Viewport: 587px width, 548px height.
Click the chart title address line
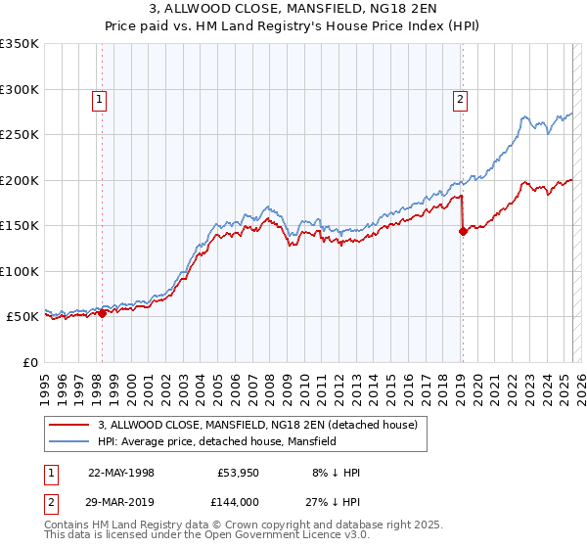pyautogui.click(x=293, y=9)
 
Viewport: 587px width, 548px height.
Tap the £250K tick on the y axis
pyautogui.click(x=20, y=135)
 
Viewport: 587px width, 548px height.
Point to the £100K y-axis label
pyautogui.click(x=20, y=271)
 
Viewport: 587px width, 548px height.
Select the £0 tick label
pyautogui.click(x=29, y=362)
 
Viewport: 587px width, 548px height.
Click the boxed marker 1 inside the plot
pyautogui.click(x=101, y=98)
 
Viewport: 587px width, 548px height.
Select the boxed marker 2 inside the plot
pyautogui.click(x=460, y=98)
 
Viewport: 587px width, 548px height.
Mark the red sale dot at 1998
pyautogui.click(x=102, y=313)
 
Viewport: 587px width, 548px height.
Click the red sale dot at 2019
pyautogui.click(x=463, y=232)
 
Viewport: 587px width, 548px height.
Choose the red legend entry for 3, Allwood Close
pyautogui.click(x=257, y=425)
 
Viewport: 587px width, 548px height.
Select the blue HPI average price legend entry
pyautogui.click(x=216, y=442)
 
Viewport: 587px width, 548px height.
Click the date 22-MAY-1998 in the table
pyautogui.click(x=121, y=473)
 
